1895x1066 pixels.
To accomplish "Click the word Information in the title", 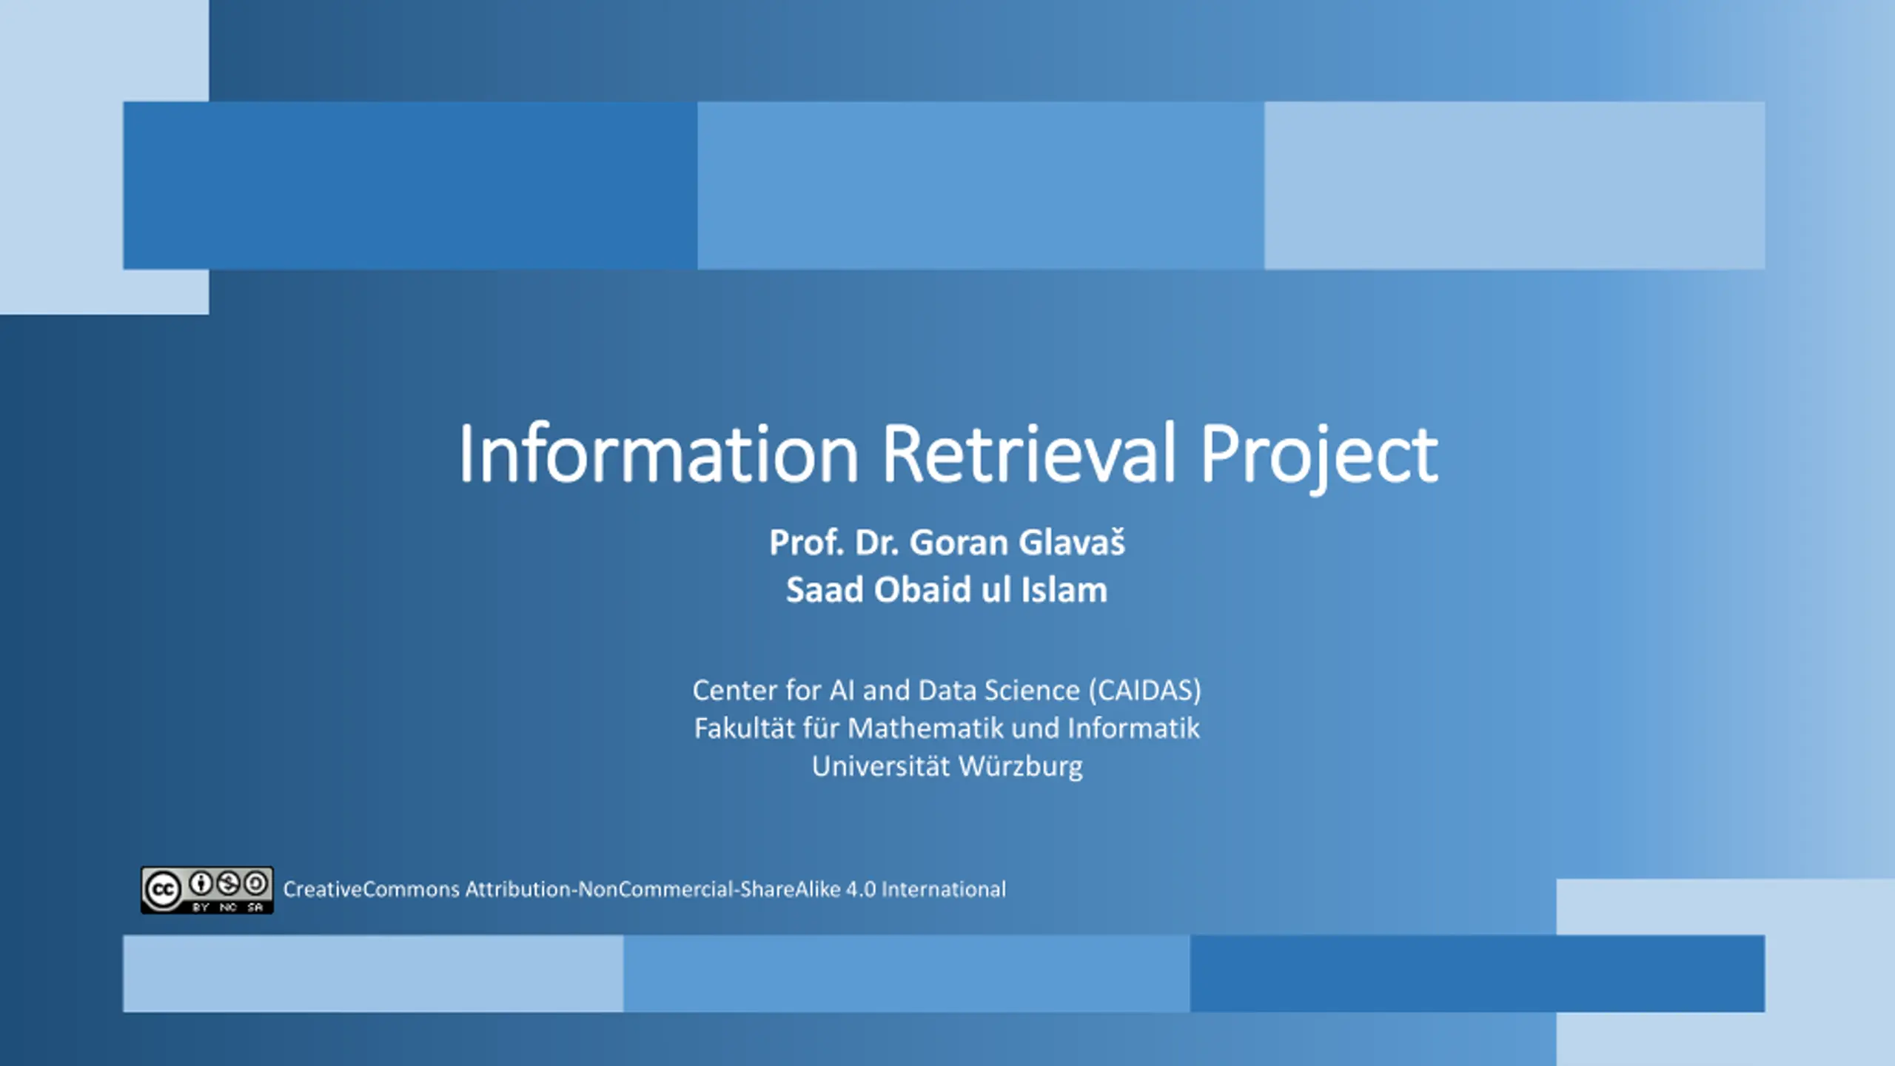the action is coord(659,453).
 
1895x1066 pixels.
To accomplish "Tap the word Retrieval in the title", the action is coord(1030,453).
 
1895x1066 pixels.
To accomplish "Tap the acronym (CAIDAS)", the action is coord(1145,691).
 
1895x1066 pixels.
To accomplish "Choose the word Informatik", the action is coord(1133,728).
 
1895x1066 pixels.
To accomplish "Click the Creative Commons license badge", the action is coord(207,890).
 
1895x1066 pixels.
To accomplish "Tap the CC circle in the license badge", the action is coord(163,890).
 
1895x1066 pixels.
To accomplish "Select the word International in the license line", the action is coord(944,889).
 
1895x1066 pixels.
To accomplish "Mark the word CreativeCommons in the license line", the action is coord(372,889).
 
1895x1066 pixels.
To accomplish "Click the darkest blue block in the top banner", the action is coord(410,185).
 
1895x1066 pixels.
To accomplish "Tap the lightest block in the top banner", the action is coord(1515,185).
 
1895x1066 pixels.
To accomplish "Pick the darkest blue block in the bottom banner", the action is coord(1478,973).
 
